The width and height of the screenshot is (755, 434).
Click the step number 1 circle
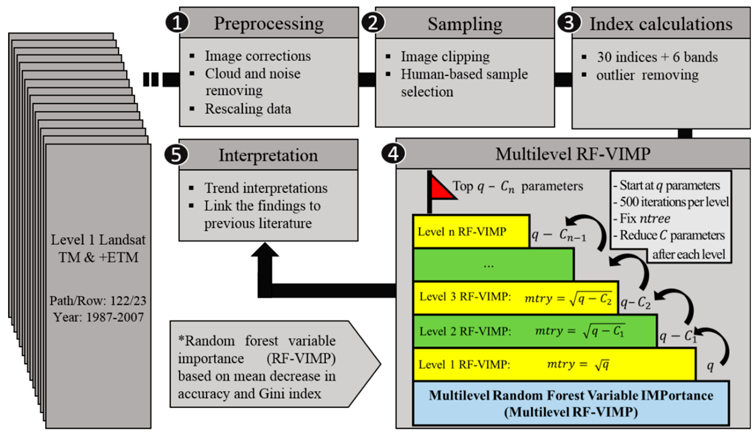click(177, 23)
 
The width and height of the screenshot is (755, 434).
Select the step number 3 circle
click(569, 23)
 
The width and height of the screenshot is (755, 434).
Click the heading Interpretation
click(268, 155)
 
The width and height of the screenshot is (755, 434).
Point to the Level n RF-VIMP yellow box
click(471, 231)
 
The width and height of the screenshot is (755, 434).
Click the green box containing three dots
click(493, 265)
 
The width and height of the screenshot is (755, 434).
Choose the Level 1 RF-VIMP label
click(464, 365)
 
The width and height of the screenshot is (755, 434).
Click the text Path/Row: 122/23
click(98, 301)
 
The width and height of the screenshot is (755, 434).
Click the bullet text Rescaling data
click(248, 109)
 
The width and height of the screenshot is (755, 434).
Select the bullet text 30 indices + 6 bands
click(657, 57)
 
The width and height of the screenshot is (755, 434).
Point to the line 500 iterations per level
click(674, 202)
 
